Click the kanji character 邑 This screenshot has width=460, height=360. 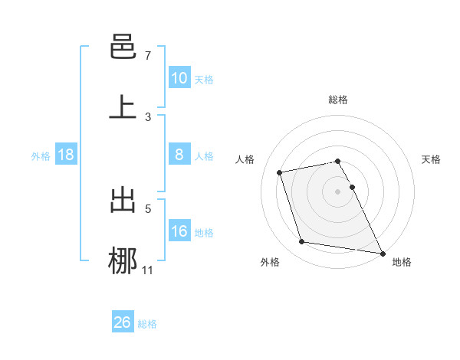123,48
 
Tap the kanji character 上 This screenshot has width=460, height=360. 123,107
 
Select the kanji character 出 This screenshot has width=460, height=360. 123,200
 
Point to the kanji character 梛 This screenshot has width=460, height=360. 123,260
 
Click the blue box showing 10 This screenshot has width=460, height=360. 179,78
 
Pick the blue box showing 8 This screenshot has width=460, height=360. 179,155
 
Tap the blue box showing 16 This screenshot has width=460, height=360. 179,231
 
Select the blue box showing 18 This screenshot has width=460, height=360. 66,155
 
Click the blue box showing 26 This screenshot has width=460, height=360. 123,322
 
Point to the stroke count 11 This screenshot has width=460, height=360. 148,270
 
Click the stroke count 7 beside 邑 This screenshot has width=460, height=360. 148,56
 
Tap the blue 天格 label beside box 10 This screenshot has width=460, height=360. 204,79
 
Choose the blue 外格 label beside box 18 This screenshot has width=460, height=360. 41,155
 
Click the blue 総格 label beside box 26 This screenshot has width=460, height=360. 147,323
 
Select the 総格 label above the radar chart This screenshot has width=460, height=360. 338,100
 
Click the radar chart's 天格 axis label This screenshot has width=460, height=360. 432,159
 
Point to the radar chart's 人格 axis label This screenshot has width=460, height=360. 245,159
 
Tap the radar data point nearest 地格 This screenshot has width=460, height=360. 381,252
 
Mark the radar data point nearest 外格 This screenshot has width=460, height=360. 302,242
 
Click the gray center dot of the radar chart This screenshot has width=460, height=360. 338,191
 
